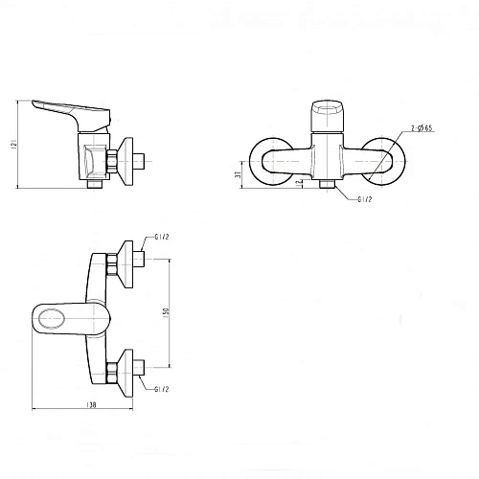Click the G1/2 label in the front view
(365, 201)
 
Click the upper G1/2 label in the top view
(163, 238)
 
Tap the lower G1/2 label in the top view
(163, 388)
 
